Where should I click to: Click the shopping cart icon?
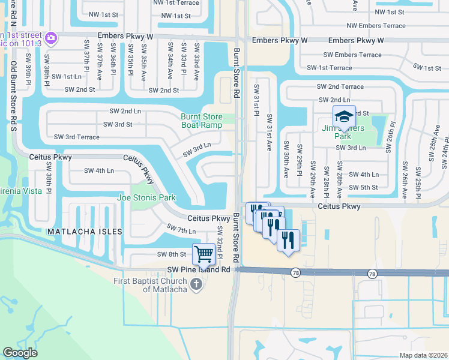point(204,254)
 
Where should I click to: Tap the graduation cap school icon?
point(344,116)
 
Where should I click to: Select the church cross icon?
point(196,285)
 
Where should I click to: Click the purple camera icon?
point(51,38)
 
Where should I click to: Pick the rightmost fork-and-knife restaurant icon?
point(289,241)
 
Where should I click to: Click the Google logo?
point(20,353)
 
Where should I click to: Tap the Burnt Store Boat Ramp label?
point(202,121)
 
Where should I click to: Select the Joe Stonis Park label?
point(146,197)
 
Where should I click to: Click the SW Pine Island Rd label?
point(199,270)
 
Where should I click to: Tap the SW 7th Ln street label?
point(181,230)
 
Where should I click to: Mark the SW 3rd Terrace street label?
point(77,137)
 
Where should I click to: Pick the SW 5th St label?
point(367,187)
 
